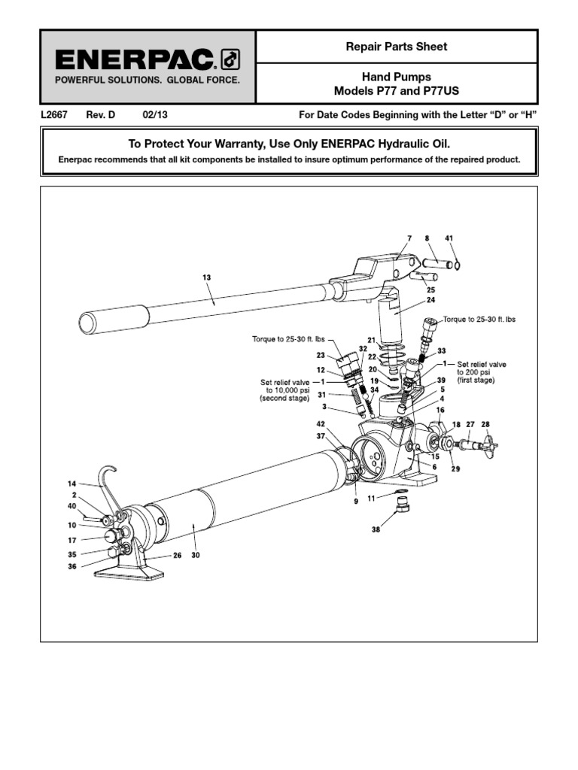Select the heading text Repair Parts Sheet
397,47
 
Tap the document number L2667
55,115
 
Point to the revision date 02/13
152,115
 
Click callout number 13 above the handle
206,277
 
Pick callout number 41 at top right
449,238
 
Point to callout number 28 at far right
485,425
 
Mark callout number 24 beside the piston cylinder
431,299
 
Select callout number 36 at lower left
72,567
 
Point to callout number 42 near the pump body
321,424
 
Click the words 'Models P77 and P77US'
397,91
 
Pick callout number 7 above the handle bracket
409,238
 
